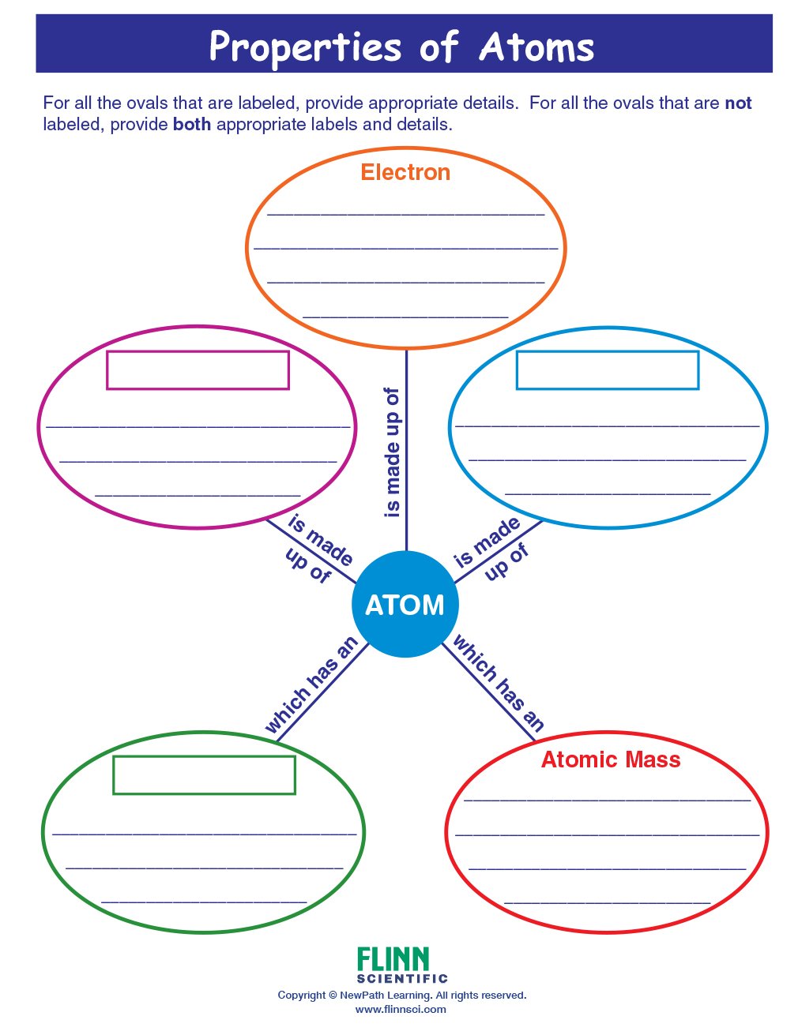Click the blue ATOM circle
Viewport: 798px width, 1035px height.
405,605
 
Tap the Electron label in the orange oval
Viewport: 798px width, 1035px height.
405,172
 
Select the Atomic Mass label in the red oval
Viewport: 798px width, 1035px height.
611,759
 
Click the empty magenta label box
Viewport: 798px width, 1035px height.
198,370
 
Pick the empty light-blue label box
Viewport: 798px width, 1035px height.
607,370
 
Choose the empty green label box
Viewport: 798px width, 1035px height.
204,775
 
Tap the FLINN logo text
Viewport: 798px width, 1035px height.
393,959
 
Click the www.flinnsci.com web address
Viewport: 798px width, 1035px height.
401,1009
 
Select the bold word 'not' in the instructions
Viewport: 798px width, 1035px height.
738,103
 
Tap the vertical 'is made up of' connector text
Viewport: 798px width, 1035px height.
392,452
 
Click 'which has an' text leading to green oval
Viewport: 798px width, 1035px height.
311,685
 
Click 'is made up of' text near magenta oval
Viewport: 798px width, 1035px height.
314,548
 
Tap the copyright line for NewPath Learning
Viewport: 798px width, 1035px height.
401,995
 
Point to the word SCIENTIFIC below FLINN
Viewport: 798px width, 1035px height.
401,979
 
